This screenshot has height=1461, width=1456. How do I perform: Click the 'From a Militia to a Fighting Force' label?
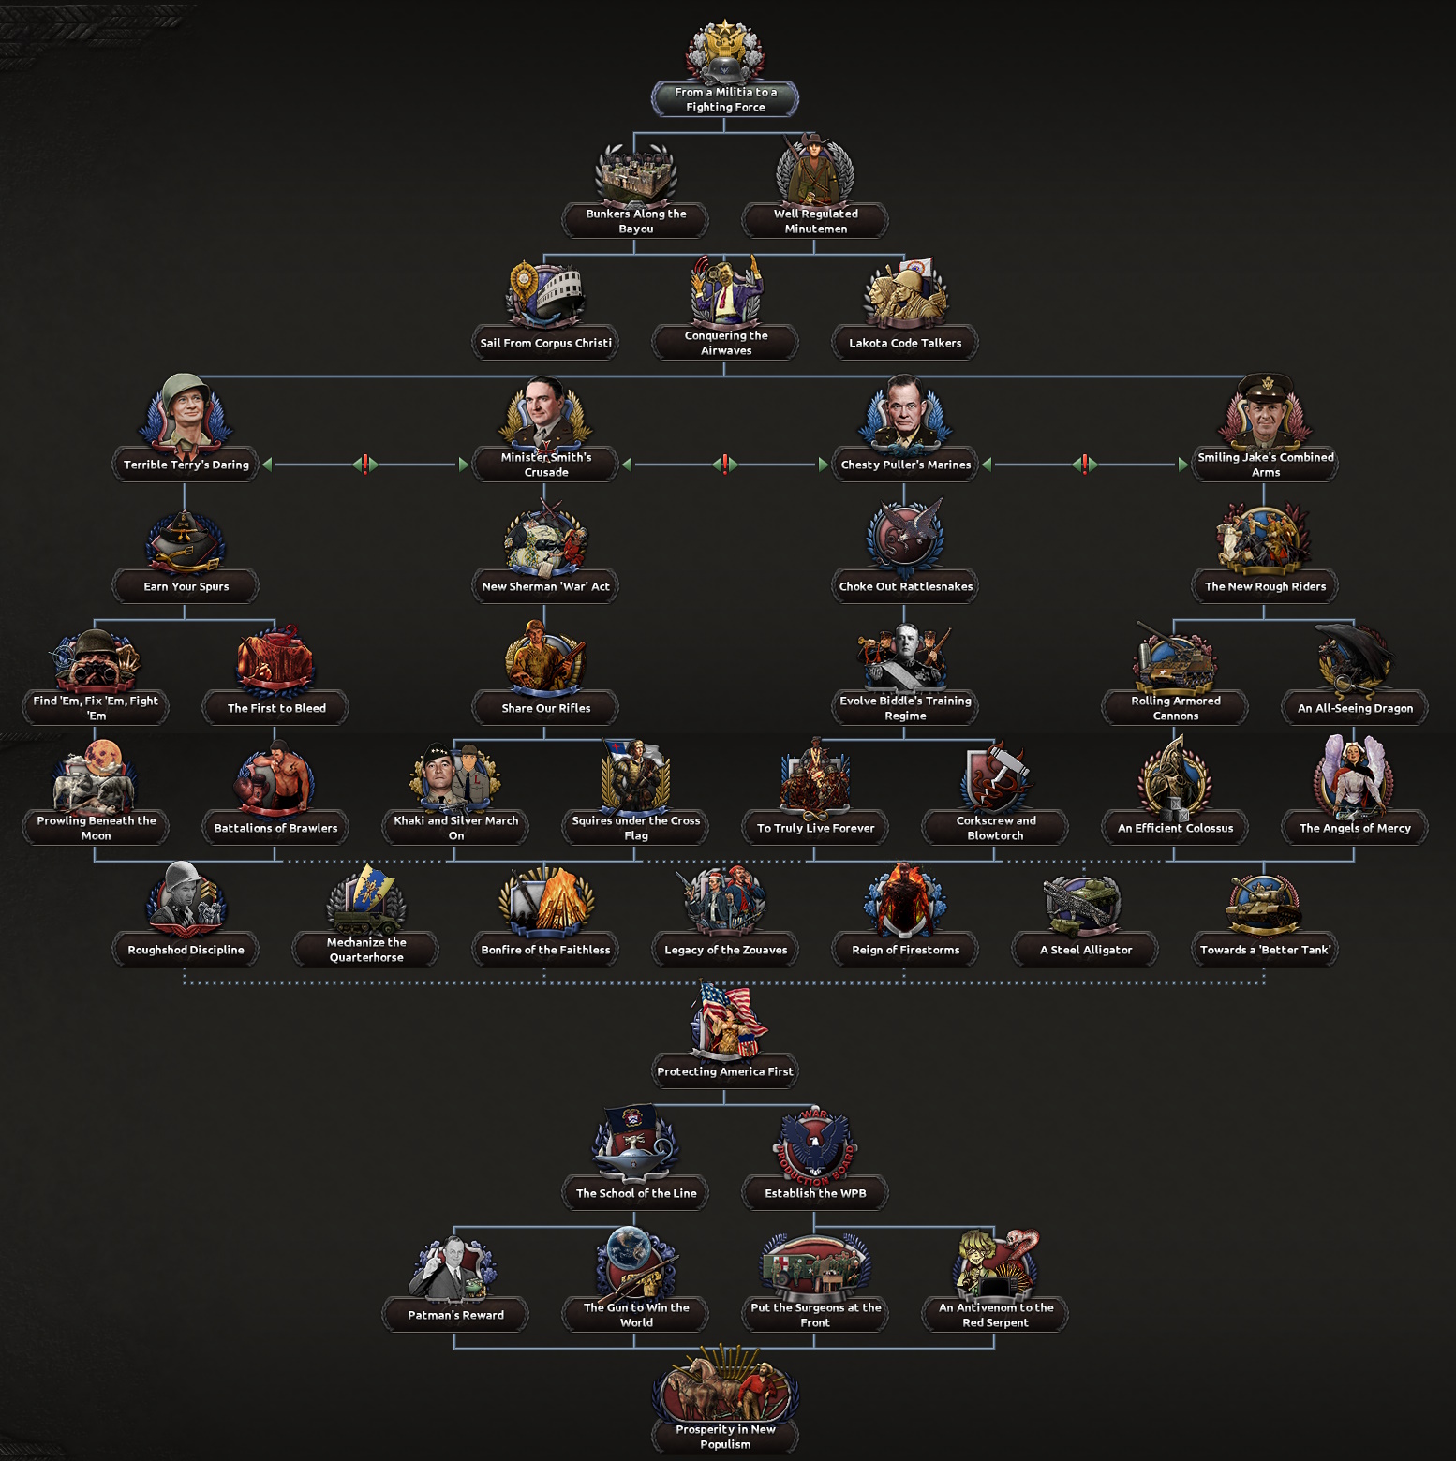pyautogui.click(x=725, y=99)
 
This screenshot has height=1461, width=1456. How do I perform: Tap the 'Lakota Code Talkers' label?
pyautogui.click(x=905, y=343)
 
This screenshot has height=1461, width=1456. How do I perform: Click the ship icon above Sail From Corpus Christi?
pyautogui.click(x=546, y=296)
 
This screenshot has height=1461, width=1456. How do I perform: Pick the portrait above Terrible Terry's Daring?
pyautogui.click(x=186, y=413)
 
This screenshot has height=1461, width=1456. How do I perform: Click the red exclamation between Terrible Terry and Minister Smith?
pyautogui.click(x=365, y=464)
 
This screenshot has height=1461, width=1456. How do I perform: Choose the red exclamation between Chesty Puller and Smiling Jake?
pyautogui.click(x=1085, y=464)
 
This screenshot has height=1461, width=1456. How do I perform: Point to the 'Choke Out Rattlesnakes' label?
pyautogui.click(x=906, y=586)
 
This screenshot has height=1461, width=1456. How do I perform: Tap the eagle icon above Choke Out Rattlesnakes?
pyautogui.click(x=905, y=537)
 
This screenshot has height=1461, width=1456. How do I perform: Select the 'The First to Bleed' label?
pyautogui.click(x=276, y=708)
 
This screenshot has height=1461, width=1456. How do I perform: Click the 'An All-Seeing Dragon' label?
pyautogui.click(x=1355, y=708)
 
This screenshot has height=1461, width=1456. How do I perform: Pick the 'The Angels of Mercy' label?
pyautogui.click(x=1355, y=828)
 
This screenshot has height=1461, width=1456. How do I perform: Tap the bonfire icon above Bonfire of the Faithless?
pyautogui.click(x=546, y=902)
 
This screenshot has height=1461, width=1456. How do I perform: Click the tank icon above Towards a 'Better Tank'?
pyautogui.click(x=1265, y=905)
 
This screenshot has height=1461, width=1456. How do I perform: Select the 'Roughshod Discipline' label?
pyautogui.click(x=186, y=950)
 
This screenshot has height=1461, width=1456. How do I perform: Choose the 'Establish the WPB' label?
pyautogui.click(x=815, y=1193)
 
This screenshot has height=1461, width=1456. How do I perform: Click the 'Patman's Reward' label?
pyautogui.click(x=455, y=1315)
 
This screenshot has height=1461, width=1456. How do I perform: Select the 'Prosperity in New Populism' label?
pyautogui.click(x=725, y=1437)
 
